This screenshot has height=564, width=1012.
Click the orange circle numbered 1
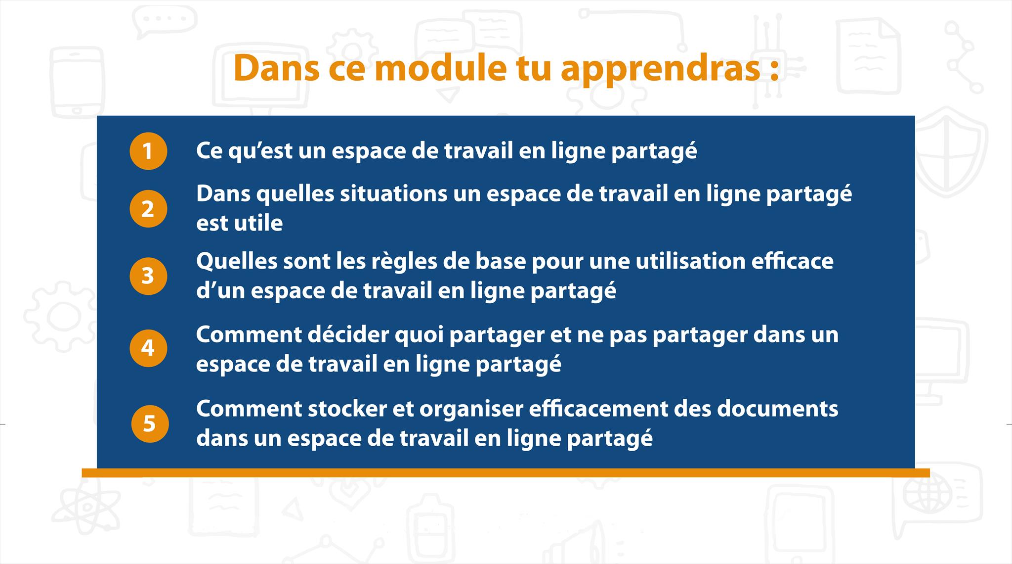[x=148, y=151]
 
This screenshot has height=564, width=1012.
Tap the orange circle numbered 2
[x=148, y=209]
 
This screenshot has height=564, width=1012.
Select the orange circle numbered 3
[x=148, y=276]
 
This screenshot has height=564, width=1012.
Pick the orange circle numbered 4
[x=148, y=348]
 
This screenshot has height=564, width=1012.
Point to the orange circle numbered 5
[x=150, y=423]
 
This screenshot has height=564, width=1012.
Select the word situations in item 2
[x=393, y=193]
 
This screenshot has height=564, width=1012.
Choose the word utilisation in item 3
[x=690, y=261]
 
